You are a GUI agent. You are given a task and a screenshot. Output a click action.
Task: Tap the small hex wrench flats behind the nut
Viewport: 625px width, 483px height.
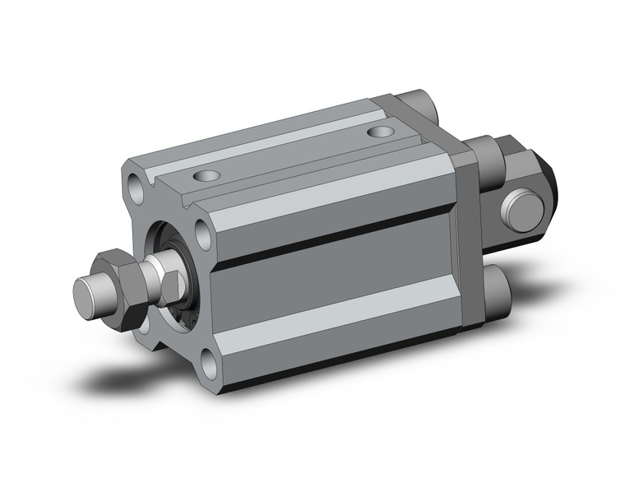pos(170,284)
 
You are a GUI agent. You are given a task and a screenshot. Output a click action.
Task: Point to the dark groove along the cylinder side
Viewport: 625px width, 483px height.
pos(329,242)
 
